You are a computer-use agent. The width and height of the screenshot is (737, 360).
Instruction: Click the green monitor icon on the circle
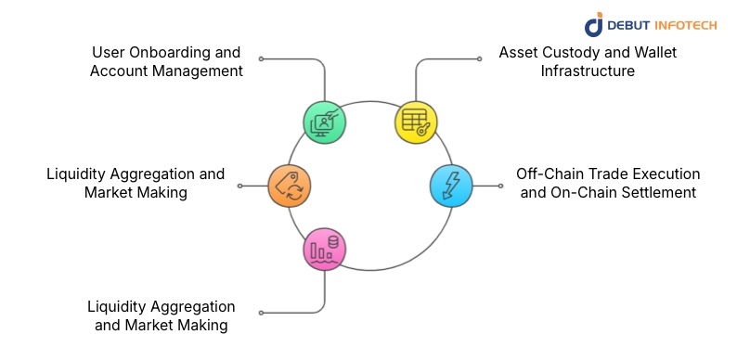(x=325, y=121)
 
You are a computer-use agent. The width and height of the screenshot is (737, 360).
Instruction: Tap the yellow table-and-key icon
(x=416, y=121)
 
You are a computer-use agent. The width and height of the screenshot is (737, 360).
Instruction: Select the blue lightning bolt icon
(x=451, y=186)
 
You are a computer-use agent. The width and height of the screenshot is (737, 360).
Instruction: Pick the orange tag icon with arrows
(x=289, y=186)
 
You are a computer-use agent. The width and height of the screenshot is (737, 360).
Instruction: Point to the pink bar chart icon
(x=325, y=250)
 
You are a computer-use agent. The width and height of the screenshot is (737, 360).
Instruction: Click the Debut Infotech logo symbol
(x=594, y=24)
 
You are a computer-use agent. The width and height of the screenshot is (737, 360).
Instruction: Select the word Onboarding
(x=172, y=52)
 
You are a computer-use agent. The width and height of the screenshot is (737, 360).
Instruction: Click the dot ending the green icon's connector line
(x=261, y=58)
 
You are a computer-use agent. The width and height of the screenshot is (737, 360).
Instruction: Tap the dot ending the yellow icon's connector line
(x=479, y=58)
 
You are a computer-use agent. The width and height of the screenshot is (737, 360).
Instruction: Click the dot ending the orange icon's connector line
(x=239, y=186)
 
